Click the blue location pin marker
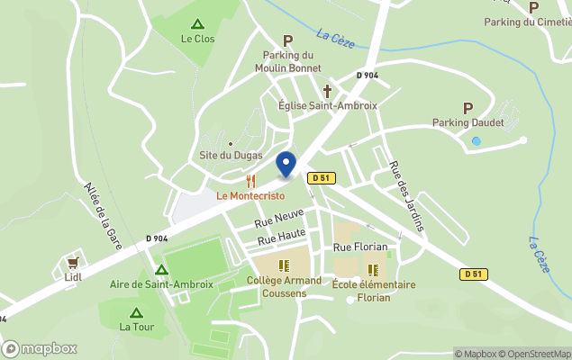(286, 165)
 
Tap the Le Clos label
(197, 39)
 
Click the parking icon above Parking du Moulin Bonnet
(288, 40)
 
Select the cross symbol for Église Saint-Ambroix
(327, 91)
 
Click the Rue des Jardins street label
(406, 196)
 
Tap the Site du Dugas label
(231, 156)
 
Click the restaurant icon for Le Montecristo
(250, 181)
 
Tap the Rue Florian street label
(359, 247)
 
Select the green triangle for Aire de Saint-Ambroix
(161, 269)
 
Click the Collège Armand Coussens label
(284, 286)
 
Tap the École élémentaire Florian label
(374, 291)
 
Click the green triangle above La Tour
(136, 312)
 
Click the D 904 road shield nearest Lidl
(156, 238)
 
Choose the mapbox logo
(40, 348)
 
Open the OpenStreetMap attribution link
(537, 354)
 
